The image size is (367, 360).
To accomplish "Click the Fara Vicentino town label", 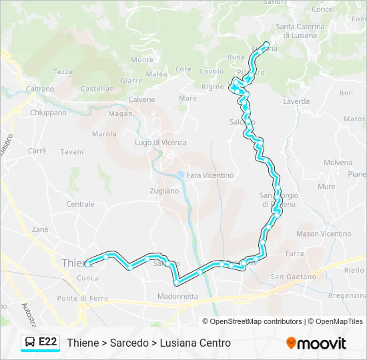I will [x=210, y=175].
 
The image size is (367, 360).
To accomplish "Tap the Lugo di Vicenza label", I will [x=161, y=143].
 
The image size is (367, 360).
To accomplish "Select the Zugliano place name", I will [x=164, y=191].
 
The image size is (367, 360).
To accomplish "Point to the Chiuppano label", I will [x=48, y=113].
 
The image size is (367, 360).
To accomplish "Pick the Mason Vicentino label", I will [x=324, y=234].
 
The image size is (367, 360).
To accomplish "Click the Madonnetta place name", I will [x=177, y=296].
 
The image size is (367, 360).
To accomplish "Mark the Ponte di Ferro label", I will [x=83, y=298].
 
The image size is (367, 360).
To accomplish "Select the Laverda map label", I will [x=296, y=102].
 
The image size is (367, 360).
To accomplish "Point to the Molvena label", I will [x=338, y=163].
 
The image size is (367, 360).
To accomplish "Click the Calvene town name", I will [x=141, y=100].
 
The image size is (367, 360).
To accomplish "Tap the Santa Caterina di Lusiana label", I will [x=300, y=31].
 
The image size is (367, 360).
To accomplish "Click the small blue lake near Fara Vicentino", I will [x=180, y=176].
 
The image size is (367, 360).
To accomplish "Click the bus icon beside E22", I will [x=31, y=343].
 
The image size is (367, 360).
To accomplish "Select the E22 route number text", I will [x=48, y=343].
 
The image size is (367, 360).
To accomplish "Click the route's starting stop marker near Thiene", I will [x=87, y=264].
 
